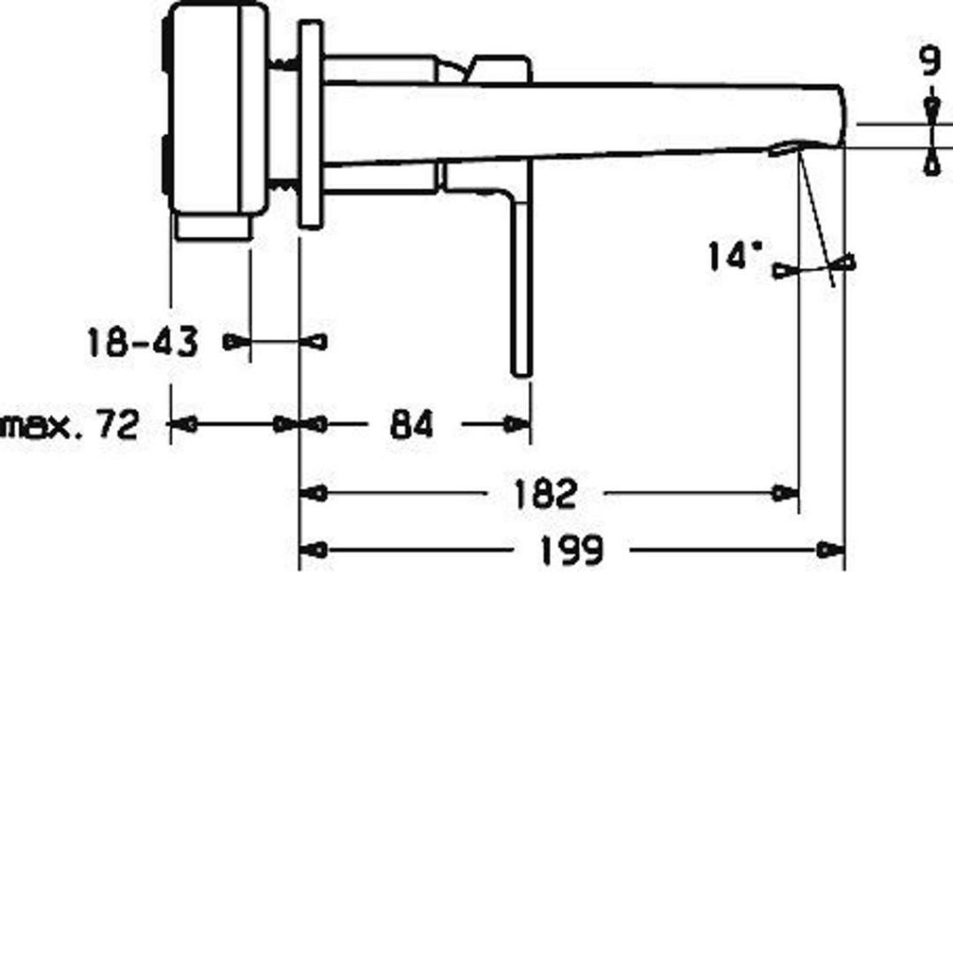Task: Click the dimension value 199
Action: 571,551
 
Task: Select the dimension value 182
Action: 544,493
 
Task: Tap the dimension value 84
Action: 411,424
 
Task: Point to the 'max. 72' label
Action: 71,424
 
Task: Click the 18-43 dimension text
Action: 142,342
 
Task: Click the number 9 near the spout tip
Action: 930,61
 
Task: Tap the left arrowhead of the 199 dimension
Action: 314,551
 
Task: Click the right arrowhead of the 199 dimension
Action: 830,550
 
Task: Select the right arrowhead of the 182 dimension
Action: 785,493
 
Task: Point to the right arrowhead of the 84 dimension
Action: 517,424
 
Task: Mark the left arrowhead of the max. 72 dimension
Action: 183,424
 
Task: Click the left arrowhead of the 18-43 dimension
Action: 237,342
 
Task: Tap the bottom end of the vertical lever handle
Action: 522,375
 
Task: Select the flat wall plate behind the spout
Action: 310,125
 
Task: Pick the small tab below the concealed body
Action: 213,226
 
